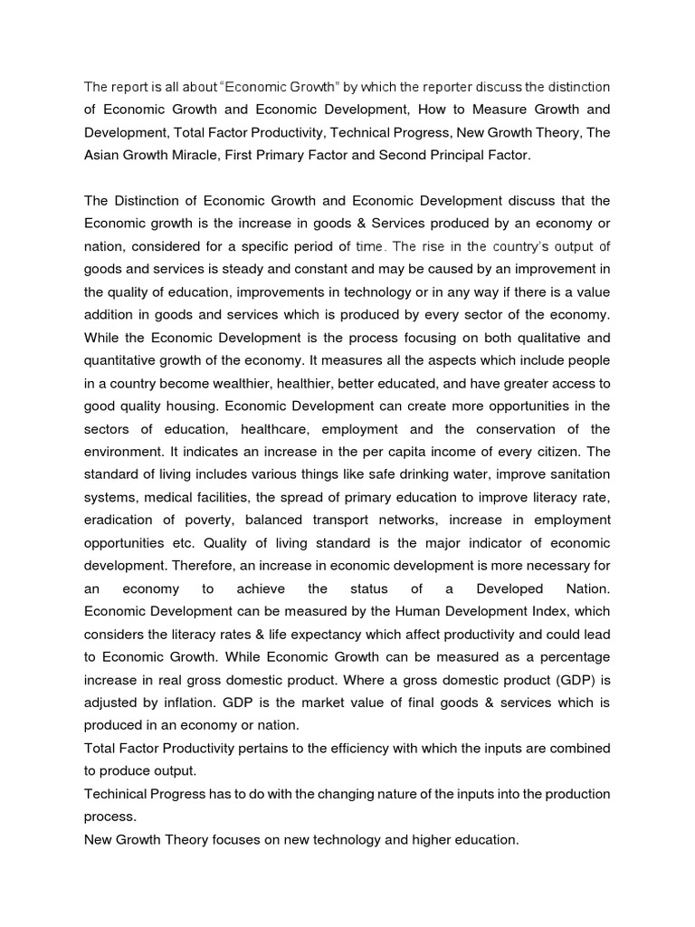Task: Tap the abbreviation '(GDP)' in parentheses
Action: pos(567,679)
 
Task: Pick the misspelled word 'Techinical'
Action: pos(117,793)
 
